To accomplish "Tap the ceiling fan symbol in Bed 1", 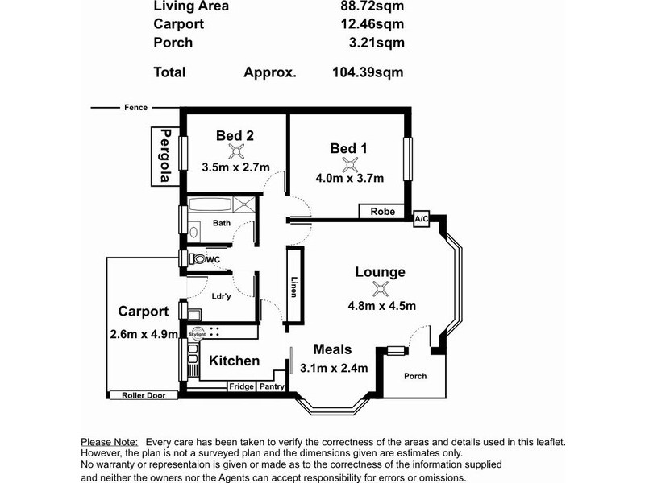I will click(x=349, y=164).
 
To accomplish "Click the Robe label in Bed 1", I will click(x=382, y=212).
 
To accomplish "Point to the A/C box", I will click(x=421, y=219).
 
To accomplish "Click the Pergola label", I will click(x=165, y=156).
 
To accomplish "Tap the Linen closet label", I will click(x=294, y=287).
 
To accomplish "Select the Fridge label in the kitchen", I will click(x=241, y=386).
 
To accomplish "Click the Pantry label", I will click(x=272, y=386).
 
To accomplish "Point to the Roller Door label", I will click(x=142, y=395).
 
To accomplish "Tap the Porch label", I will click(x=414, y=376).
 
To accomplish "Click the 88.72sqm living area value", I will click(x=368, y=6).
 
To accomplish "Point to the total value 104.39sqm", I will click(x=368, y=72).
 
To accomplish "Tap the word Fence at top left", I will click(x=135, y=108).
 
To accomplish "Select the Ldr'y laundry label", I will click(x=221, y=295).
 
